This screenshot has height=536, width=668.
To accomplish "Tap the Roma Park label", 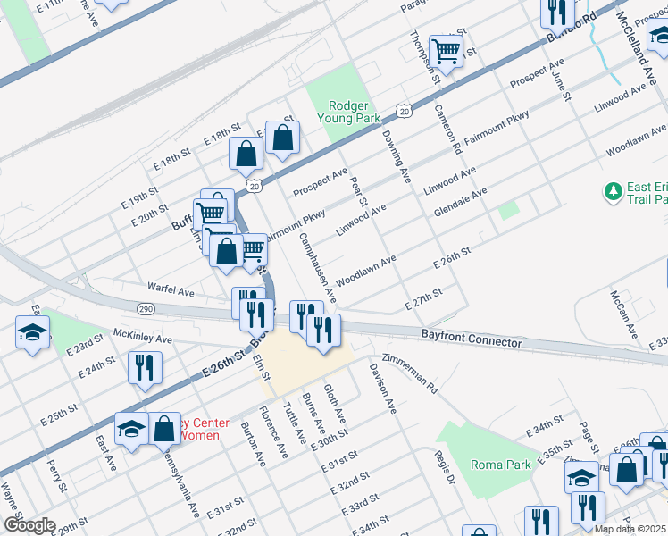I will click(x=501, y=465).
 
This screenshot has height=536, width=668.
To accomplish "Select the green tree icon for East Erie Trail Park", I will click(x=613, y=191).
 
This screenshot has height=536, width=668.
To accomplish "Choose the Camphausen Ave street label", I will click(x=317, y=264).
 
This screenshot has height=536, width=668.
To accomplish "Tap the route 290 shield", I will click(x=146, y=308).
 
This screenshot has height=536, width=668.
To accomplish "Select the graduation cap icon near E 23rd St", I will click(x=33, y=334).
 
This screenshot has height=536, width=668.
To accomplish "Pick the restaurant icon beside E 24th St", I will click(x=144, y=367).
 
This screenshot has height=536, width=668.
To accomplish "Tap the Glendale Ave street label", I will click(x=460, y=202).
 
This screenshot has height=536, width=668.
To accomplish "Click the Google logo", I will click(x=29, y=525).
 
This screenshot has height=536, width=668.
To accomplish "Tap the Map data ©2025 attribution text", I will click(x=630, y=529).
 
